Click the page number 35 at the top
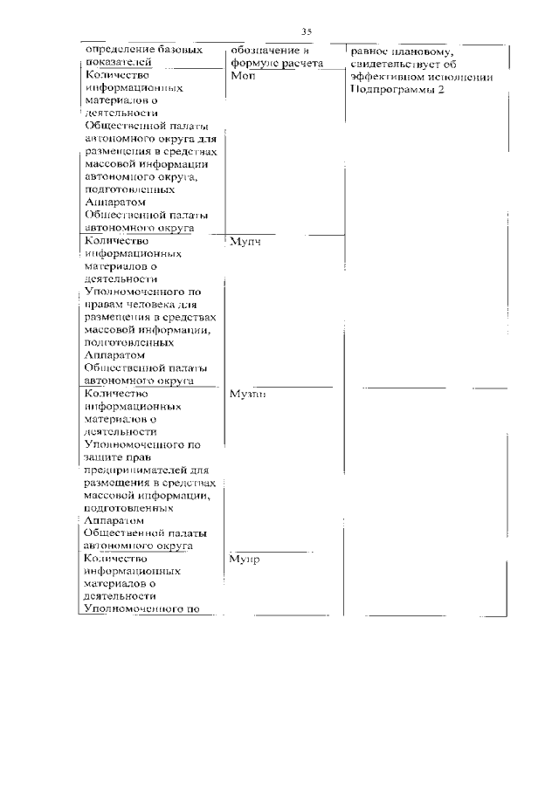click(x=307, y=31)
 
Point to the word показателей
click(x=121, y=63)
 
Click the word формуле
click(x=254, y=64)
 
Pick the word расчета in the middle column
click(x=301, y=64)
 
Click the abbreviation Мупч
click(x=247, y=242)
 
